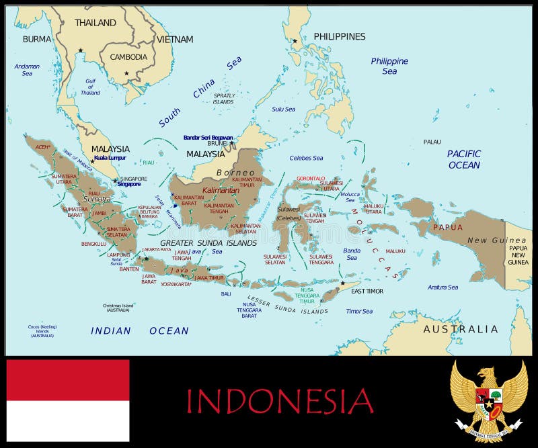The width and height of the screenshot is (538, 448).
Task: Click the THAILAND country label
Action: click(95, 23)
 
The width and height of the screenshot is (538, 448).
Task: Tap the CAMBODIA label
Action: click(128, 57)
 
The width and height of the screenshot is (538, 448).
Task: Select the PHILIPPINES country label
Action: click(340, 36)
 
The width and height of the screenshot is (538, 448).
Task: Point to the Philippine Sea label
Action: click(389, 66)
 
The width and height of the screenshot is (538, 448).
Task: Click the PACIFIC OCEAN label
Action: click(464, 159)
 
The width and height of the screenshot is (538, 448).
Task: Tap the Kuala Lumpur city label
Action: click(110, 158)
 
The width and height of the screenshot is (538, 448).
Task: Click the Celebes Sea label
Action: click(306, 159)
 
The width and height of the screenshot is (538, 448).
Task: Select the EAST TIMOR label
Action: click(367, 291)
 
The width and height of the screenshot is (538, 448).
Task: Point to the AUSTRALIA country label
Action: click(461, 329)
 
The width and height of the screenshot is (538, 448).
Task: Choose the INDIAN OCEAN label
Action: click(140, 330)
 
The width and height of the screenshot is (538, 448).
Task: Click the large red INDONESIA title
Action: click(279, 401)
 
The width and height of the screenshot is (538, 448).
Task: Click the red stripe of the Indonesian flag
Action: click(67, 379)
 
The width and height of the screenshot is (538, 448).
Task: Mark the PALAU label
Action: click(432, 142)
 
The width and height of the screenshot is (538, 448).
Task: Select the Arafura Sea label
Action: click(443, 287)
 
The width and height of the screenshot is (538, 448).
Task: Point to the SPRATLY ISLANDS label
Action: click(225, 99)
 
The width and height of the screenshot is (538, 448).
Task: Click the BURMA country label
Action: click(36, 39)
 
